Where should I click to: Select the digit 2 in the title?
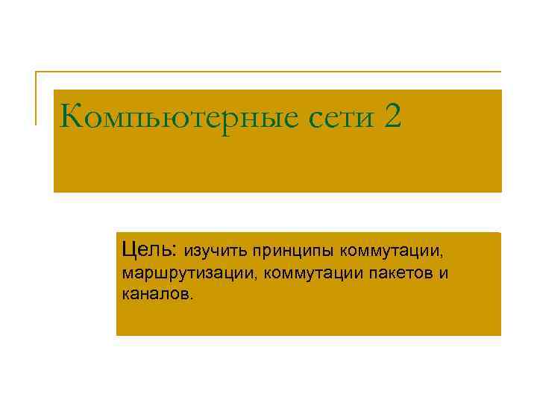click(x=394, y=116)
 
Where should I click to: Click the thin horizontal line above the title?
click(x=268, y=72)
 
